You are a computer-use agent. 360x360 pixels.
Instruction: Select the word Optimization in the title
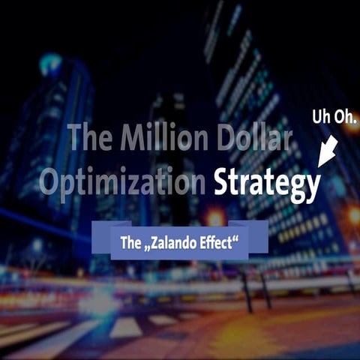(x=123, y=182)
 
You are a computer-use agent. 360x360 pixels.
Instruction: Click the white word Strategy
(x=266, y=182)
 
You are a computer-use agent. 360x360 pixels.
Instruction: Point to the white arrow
(x=327, y=151)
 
